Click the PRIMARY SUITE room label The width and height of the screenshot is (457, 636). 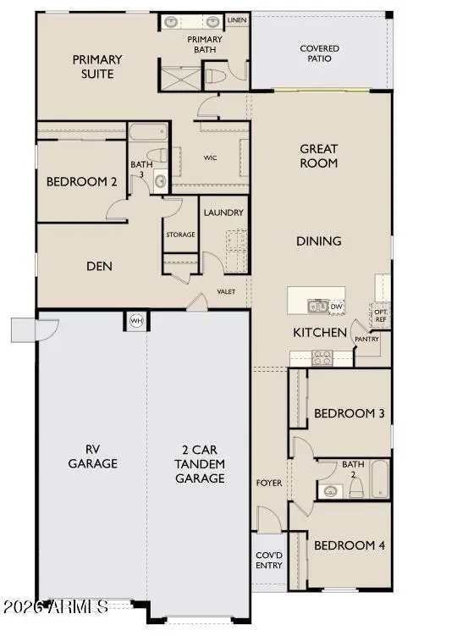pyautogui.click(x=97, y=67)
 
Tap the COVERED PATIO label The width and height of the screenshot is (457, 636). pyautogui.click(x=320, y=54)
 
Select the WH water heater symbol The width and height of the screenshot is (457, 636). pyautogui.click(x=135, y=321)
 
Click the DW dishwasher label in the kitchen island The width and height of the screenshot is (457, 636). pyautogui.click(x=336, y=307)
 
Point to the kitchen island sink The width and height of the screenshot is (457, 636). pyautogui.click(x=317, y=306)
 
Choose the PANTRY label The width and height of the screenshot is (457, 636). pyautogui.click(x=367, y=339)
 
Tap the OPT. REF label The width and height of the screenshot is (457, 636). pyautogui.click(x=381, y=315)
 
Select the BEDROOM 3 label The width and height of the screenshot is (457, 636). pyautogui.click(x=350, y=413)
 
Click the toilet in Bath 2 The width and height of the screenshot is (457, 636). pyautogui.click(x=356, y=488)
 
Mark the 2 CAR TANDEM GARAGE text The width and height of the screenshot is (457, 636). pyautogui.click(x=200, y=465)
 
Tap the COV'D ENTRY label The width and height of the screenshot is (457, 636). pyautogui.click(x=269, y=560)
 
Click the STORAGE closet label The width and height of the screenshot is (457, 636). pyautogui.click(x=179, y=235)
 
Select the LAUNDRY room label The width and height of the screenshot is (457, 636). pyautogui.click(x=224, y=213)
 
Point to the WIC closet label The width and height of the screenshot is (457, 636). pyautogui.click(x=212, y=158)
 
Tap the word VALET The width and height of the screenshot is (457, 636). pyautogui.click(x=226, y=291)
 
